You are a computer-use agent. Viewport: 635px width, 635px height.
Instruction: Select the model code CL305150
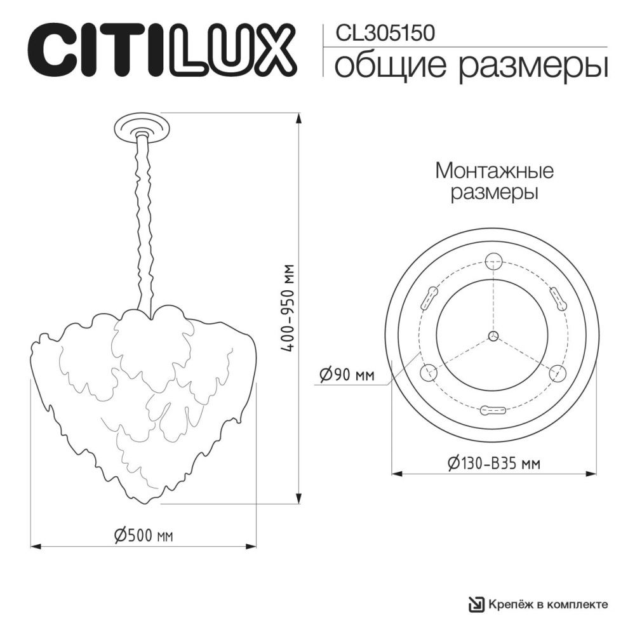[380, 33]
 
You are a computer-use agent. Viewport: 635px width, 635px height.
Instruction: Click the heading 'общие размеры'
[471, 66]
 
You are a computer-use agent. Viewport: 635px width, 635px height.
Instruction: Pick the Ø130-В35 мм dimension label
[493, 464]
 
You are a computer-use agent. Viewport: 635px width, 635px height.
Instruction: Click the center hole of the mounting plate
[493, 336]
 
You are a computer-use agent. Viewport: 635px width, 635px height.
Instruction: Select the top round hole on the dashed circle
[493, 261]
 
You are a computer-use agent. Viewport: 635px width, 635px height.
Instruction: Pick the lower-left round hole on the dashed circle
[429, 373]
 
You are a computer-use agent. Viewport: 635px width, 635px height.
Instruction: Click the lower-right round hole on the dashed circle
[558, 373]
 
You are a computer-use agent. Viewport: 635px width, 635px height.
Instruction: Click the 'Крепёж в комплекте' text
[548, 604]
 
